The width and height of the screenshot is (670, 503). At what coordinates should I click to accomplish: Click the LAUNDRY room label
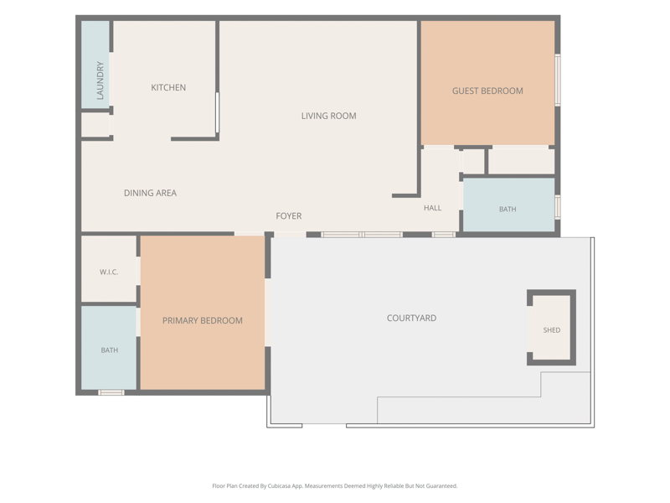pyautogui.click(x=100, y=80)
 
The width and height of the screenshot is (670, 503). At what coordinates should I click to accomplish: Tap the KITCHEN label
pyautogui.click(x=168, y=88)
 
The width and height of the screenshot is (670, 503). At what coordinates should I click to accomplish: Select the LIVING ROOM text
pyautogui.click(x=328, y=116)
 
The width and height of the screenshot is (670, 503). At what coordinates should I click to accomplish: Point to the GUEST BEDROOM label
pyautogui.click(x=487, y=91)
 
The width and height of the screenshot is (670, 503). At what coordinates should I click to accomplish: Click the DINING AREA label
pyautogui.click(x=150, y=193)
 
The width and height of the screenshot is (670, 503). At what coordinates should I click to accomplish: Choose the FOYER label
pyautogui.click(x=288, y=216)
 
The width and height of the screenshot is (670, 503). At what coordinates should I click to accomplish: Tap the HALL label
pyautogui.click(x=432, y=208)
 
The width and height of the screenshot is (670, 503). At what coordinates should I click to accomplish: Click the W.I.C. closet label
pyautogui.click(x=109, y=272)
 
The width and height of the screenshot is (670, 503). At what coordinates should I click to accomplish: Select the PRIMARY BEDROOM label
pyautogui.click(x=202, y=321)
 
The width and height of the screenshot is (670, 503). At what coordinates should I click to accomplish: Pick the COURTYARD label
pyautogui.click(x=411, y=319)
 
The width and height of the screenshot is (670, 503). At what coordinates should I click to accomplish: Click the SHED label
pyautogui.click(x=552, y=330)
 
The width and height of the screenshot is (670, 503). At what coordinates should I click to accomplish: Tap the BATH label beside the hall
pyautogui.click(x=508, y=209)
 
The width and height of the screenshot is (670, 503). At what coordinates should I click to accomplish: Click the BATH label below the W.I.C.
pyautogui.click(x=110, y=350)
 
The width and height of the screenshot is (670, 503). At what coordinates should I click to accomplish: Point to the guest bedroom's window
pyautogui.click(x=558, y=80)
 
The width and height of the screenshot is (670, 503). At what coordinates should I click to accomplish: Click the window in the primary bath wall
pyautogui.click(x=111, y=392)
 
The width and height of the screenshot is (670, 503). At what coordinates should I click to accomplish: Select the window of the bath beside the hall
pyautogui.click(x=558, y=207)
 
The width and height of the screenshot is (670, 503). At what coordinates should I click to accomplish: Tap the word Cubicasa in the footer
pyautogui.click(x=280, y=486)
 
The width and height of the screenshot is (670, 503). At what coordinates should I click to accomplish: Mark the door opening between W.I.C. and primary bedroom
pyautogui.click(x=138, y=271)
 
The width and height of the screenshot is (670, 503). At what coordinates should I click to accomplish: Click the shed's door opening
pyautogui.click(x=529, y=329)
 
